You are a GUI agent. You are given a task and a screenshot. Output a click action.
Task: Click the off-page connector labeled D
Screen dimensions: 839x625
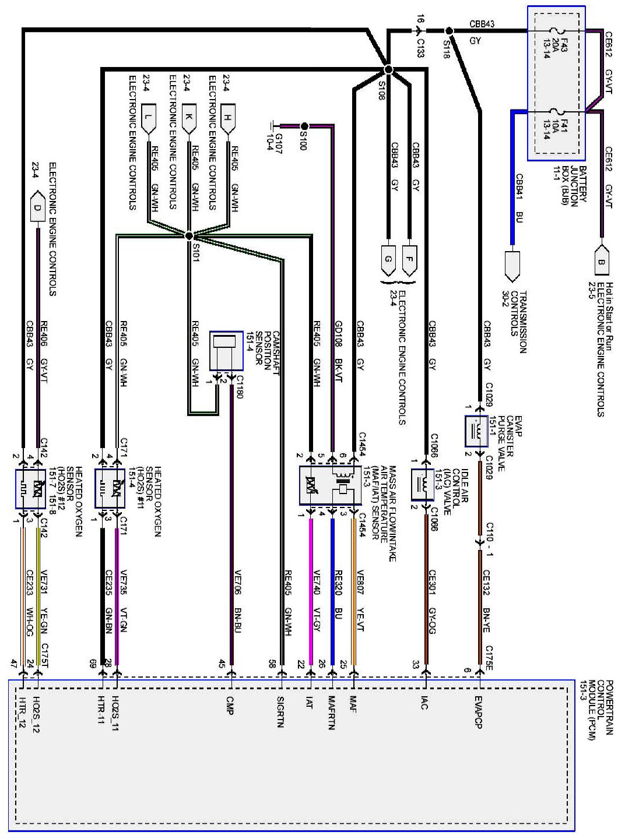click(x=37, y=208)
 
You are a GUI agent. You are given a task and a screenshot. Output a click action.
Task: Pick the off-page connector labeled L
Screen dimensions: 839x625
click(x=149, y=117)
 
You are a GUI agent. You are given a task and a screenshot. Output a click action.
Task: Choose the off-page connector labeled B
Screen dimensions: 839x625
click(x=601, y=260)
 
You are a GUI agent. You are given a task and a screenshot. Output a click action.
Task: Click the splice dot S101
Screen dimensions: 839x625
click(x=189, y=236)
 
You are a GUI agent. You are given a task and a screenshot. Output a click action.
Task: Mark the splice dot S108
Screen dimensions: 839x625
click(x=389, y=70)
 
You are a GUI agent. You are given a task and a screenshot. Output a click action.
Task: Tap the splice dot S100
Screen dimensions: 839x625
click(x=304, y=125)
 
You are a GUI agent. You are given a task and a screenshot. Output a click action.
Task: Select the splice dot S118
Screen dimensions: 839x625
click(x=449, y=31)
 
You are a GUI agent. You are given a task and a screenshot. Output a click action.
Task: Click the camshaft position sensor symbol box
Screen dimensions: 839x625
click(x=226, y=351)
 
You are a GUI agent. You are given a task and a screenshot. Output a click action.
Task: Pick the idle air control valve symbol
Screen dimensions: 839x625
click(x=423, y=484)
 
